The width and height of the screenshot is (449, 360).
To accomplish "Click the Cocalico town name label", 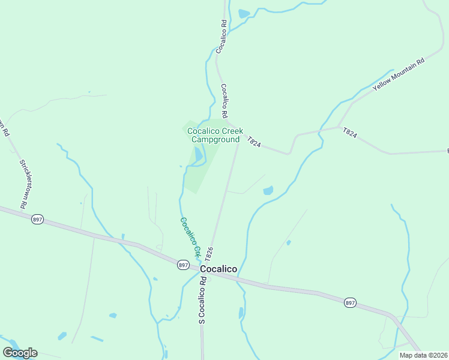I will (218, 269).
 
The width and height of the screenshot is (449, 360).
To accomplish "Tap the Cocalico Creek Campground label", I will (215, 135).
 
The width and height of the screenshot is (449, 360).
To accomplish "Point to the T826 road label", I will (209, 253).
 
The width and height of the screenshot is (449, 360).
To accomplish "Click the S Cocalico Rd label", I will (202, 302).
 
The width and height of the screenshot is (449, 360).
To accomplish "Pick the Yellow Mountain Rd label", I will (398, 74).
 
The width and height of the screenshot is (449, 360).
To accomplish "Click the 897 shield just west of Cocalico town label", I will (183, 265).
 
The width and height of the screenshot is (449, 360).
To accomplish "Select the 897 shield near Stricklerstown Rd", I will (37, 220).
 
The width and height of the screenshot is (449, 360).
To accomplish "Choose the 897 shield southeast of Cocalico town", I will (349, 303).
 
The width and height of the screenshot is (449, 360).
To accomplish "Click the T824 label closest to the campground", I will (254, 142).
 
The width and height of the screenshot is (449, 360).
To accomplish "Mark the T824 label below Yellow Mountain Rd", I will (350, 133).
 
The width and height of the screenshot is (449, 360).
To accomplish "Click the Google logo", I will (20, 352).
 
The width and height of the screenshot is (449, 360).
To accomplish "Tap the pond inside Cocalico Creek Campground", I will (199, 155).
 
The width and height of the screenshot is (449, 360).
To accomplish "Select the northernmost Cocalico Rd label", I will (221, 37).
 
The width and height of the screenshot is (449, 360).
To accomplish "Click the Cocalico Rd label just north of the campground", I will (224, 100).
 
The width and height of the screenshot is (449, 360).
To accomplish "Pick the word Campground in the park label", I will (215, 140).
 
